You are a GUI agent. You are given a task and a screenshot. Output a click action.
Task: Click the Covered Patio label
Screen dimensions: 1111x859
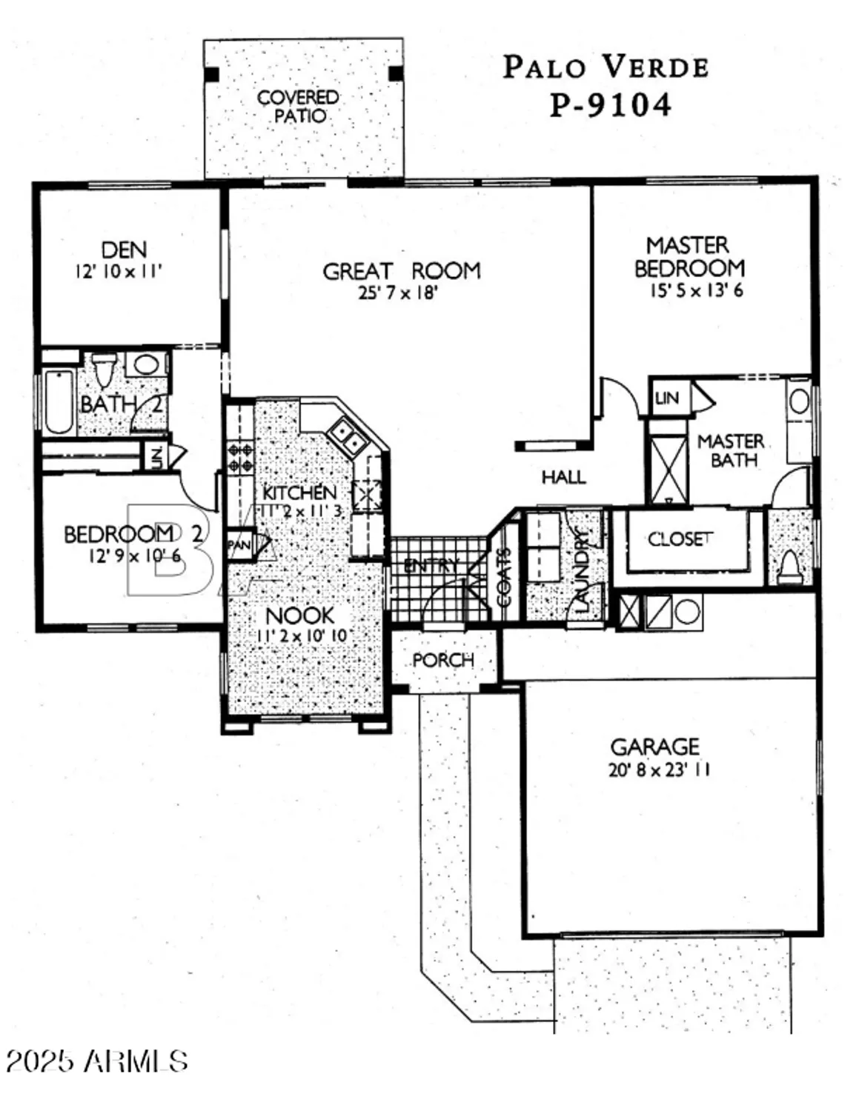[x=298, y=107]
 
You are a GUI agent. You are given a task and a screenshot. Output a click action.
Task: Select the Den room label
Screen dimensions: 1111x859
[x=124, y=250]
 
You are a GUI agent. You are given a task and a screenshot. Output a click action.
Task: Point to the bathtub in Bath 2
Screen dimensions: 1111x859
[x=59, y=401]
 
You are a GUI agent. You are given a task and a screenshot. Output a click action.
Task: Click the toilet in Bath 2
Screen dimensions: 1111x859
[x=104, y=370]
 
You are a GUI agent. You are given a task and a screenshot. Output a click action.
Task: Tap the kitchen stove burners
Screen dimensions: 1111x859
[x=241, y=456]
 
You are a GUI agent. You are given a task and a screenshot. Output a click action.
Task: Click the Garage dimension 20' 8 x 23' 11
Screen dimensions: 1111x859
[x=659, y=770]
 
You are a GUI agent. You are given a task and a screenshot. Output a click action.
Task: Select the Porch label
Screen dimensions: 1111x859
[x=443, y=660]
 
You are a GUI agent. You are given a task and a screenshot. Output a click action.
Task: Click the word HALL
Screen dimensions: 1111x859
[x=563, y=477]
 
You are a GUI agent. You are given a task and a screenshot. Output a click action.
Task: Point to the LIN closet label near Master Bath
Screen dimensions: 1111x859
[x=667, y=398]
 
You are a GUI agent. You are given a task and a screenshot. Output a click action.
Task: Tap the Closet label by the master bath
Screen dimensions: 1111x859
[x=680, y=539]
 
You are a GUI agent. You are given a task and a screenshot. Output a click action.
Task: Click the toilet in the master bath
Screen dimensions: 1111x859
[x=789, y=567]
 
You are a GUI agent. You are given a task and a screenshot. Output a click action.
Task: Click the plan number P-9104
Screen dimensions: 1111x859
[x=609, y=104]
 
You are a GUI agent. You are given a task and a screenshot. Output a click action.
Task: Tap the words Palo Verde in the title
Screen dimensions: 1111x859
[x=606, y=67]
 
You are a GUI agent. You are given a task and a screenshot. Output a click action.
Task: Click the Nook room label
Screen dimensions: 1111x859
[x=299, y=615]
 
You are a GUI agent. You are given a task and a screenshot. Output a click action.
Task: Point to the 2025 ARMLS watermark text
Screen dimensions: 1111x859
[x=96, y=1061]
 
